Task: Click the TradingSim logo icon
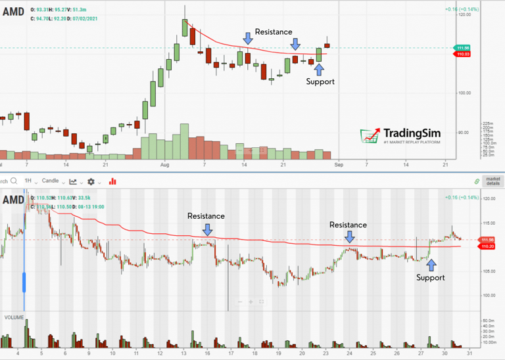[x=372, y=135]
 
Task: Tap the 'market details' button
[x=493, y=181]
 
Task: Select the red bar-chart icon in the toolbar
[x=112, y=181]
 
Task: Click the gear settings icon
[x=91, y=181]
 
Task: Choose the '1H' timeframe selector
[x=28, y=181]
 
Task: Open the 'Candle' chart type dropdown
[x=52, y=181]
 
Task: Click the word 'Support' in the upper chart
[x=320, y=81]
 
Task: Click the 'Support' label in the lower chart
[x=431, y=277]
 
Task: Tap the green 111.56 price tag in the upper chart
[x=462, y=48]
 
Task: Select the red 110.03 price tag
[x=462, y=54]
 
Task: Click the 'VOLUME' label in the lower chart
[x=14, y=317]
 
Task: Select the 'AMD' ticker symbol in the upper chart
[x=14, y=11]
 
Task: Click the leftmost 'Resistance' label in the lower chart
[x=206, y=215]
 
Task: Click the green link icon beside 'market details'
[x=477, y=181]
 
